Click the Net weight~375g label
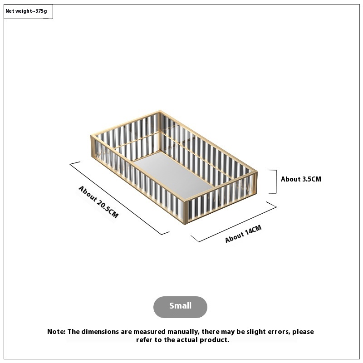26,11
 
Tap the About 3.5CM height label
301,179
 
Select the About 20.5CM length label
98,201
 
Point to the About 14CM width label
243,234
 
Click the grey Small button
180,307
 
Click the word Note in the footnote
56,332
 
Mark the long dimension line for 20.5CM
119,198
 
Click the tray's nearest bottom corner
185,224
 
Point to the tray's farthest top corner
160,111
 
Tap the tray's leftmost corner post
93,146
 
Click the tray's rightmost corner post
256,183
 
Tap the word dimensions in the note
100,332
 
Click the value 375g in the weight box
41,11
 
